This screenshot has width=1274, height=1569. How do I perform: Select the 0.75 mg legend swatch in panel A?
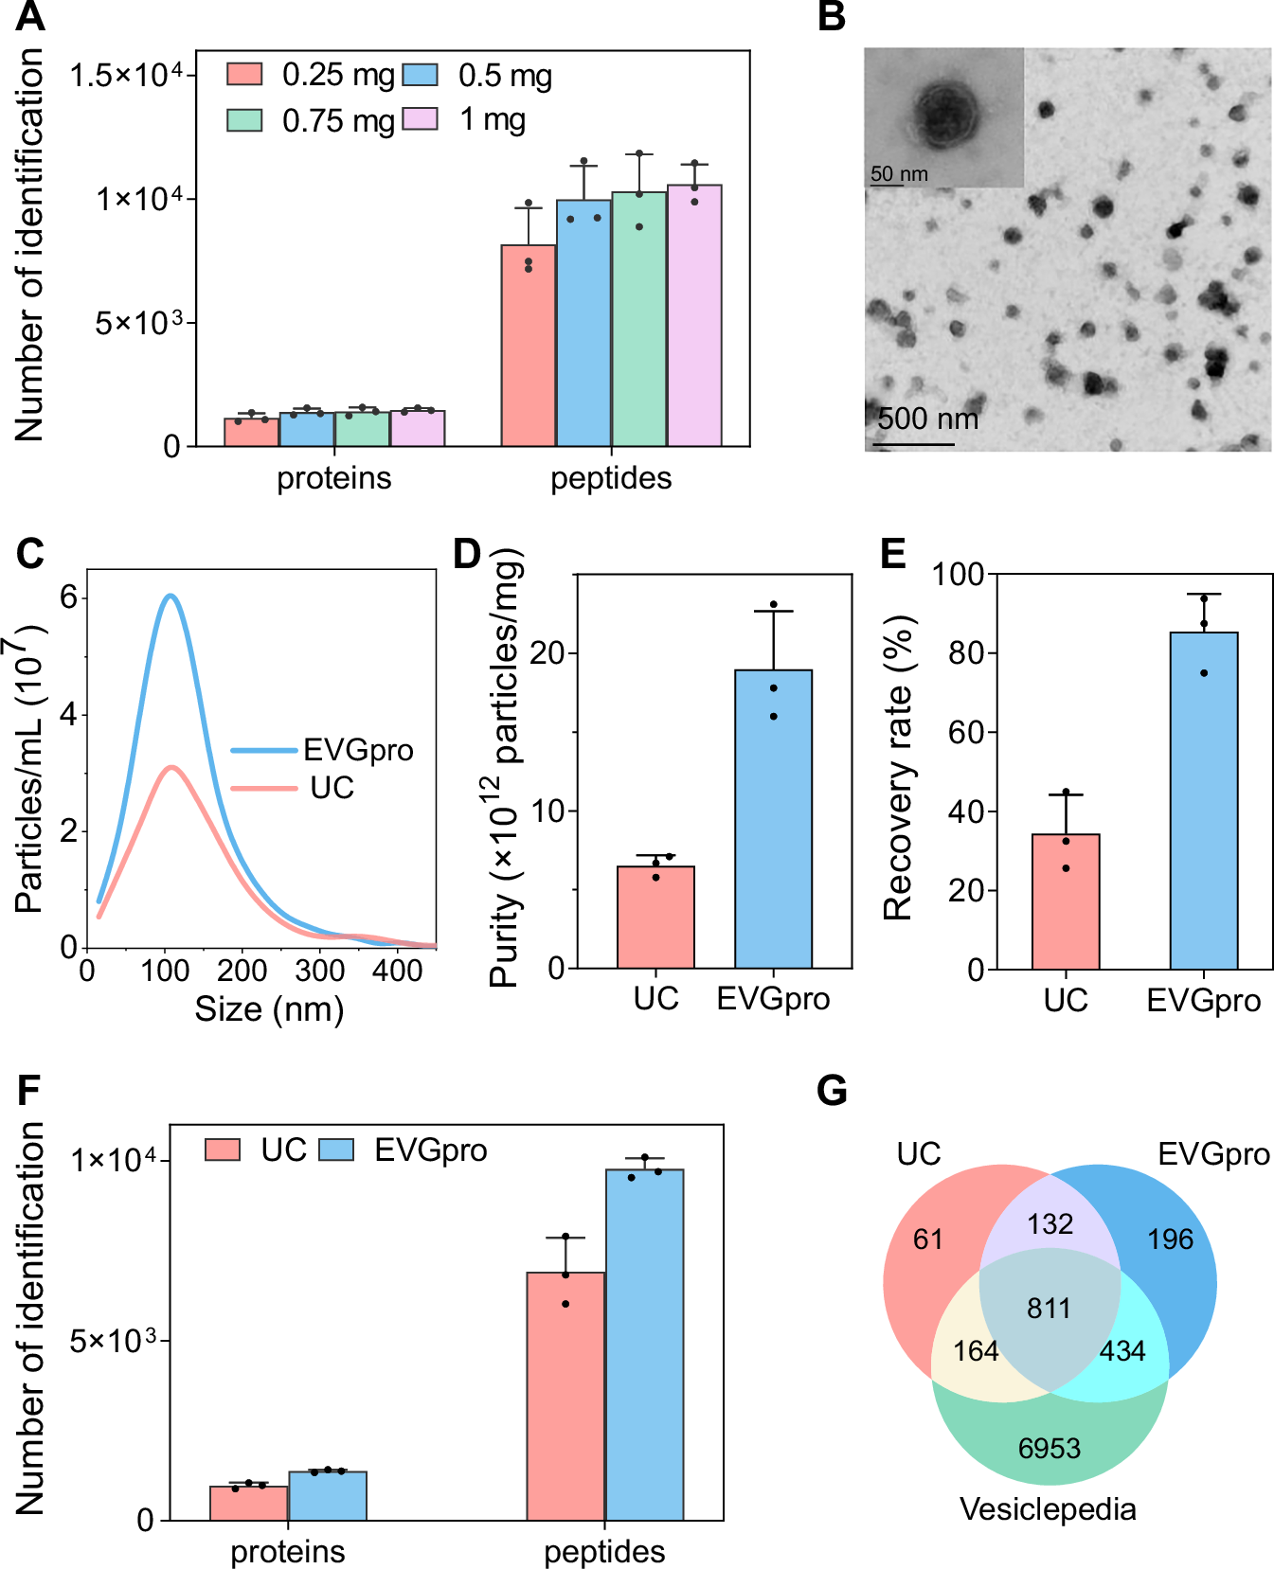click(x=244, y=120)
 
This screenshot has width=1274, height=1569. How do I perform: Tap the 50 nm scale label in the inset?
click(x=899, y=174)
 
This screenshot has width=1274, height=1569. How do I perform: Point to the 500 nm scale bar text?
click(x=927, y=419)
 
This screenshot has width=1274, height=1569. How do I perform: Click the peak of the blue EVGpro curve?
click(x=170, y=596)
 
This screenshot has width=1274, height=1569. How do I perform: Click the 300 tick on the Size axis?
click(x=319, y=971)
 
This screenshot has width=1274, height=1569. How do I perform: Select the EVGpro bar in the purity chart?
click(x=773, y=819)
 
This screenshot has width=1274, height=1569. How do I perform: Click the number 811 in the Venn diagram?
click(x=1049, y=1309)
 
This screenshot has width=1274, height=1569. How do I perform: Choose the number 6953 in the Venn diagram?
click(x=1049, y=1448)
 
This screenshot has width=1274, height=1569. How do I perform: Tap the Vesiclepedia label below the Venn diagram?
click(x=1048, y=1509)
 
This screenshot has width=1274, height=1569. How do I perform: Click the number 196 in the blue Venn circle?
click(x=1170, y=1239)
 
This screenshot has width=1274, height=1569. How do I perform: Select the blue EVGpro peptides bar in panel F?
click(x=644, y=1345)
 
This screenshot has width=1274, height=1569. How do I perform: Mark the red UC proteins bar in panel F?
click(x=248, y=1503)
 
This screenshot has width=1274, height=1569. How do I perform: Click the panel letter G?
click(x=832, y=1092)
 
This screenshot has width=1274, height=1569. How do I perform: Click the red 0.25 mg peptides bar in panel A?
click(x=529, y=346)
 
